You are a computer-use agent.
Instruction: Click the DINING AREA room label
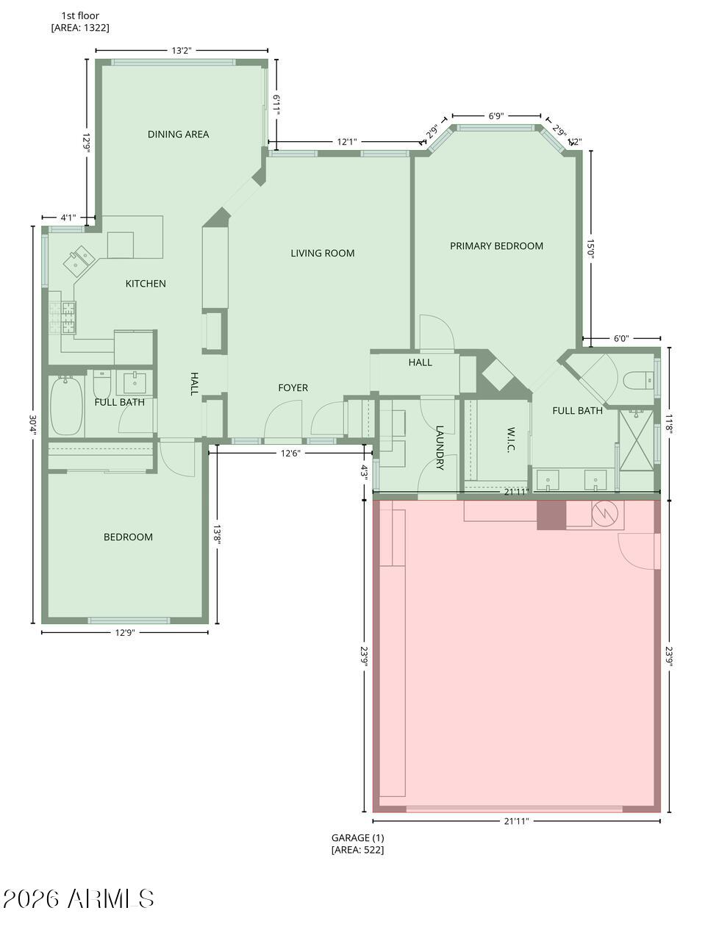click(178, 134)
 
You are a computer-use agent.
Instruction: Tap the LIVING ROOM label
click(322, 253)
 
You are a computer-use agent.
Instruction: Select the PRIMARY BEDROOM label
click(496, 246)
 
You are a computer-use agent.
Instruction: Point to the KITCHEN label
click(146, 283)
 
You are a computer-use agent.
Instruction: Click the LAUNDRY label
click(440, 447)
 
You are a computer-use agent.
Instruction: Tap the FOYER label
click(293, 387)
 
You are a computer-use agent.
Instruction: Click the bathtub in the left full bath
click(65, 406)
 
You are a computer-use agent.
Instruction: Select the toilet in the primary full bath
click(635, 380)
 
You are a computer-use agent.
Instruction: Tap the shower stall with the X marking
click(636, 440)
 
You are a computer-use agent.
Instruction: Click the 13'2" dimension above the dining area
click(181, 51)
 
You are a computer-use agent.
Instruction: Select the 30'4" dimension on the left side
click(32, 424)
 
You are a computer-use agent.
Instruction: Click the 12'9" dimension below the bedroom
click(124, 632)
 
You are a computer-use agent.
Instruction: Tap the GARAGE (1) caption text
click(357, 837)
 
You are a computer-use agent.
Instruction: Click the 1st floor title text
click(80, 15)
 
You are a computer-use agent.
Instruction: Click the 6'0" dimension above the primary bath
click(620, 339)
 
